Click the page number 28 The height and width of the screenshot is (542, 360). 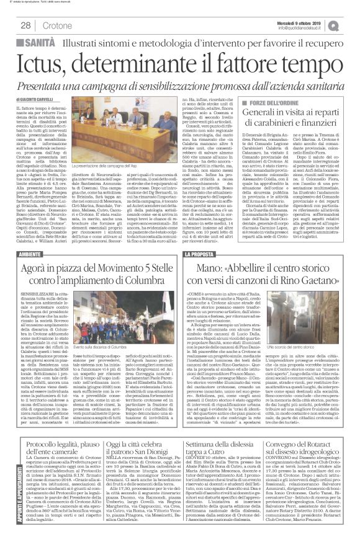pos(26,25)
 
